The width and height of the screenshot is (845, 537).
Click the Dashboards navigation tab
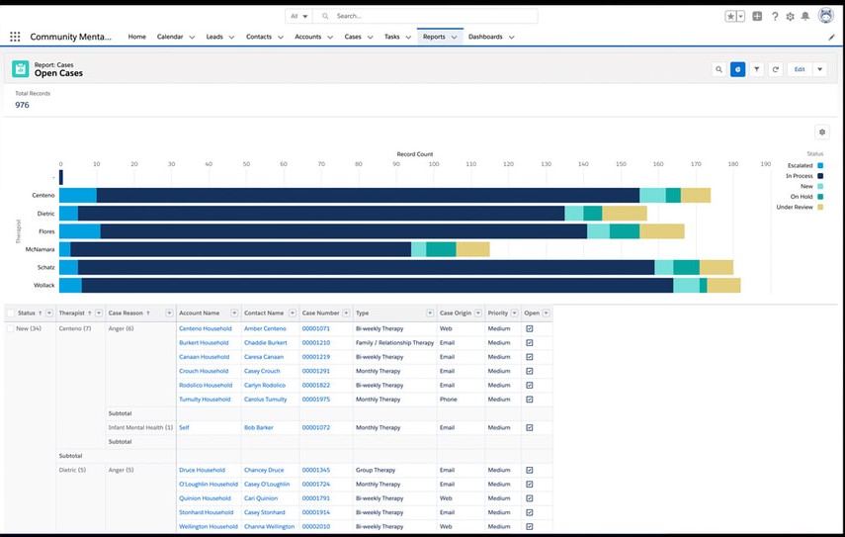(485, 37)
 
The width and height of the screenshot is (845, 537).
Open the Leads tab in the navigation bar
(214, 37)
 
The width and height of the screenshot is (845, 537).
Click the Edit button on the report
(799, 69)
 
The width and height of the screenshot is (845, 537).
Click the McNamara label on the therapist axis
(41, 249)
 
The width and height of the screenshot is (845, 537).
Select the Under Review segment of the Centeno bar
(695, 195)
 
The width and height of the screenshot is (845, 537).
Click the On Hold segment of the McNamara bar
(441, 249)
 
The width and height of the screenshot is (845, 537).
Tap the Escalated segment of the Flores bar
(80, 231)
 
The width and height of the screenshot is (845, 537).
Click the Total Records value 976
(22, 105)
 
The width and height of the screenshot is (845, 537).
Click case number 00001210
(315, 342)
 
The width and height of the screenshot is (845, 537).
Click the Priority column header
(498, 313)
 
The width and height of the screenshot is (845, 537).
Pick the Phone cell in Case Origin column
(449, 399)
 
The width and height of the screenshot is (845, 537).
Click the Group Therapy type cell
(376, 470)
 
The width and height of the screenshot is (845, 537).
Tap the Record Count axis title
(414, 154)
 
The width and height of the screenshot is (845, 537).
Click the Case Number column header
(320, 313)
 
